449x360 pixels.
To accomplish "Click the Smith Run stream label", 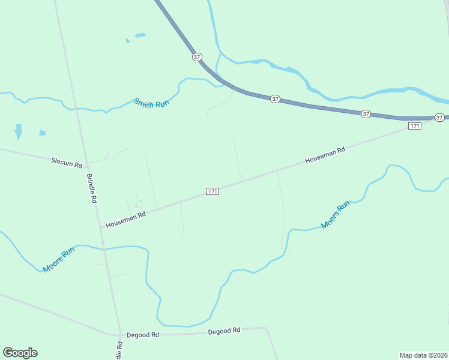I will [152, 102].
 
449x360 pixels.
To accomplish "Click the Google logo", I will [20, 353].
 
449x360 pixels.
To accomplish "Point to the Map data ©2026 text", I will [423, 355].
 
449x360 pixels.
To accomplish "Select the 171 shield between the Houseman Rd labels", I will [212, 191].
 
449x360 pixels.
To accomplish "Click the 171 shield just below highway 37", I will [414, 125].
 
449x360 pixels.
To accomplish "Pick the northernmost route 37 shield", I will [197, 56].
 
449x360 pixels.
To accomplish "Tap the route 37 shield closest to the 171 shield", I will [439, 117].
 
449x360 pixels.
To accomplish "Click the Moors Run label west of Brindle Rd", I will [58, 259].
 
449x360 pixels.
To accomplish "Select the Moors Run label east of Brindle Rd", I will [335, 215].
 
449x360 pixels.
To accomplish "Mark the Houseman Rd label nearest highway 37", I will [325, 155].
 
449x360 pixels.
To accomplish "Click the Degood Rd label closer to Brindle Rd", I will [147, 335].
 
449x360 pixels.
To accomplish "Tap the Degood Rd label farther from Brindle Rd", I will [224, 331].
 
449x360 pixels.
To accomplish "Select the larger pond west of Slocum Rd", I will [18, 131].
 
